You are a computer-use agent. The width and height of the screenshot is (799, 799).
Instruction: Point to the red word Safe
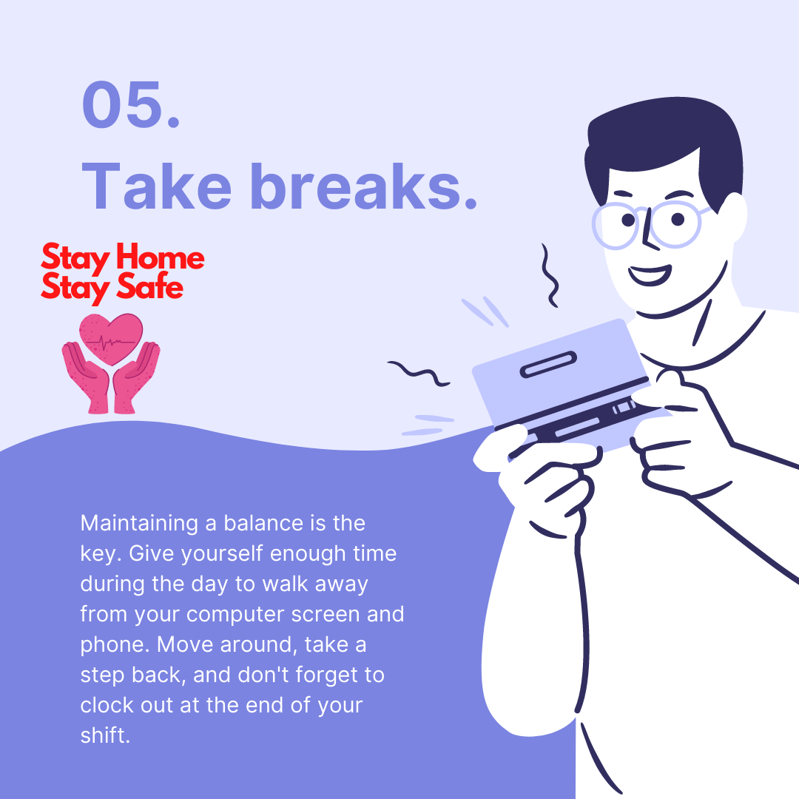[x=149, y=287]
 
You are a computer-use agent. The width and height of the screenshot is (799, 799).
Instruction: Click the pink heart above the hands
[x=111, y=337]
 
